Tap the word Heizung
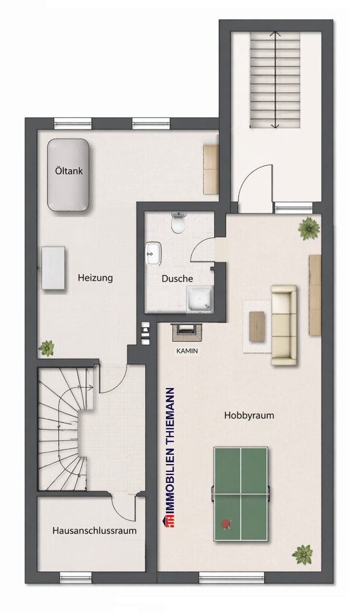(95, 278)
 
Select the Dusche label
(177, 278)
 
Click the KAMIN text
(186, 351)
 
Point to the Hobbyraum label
(249, 415)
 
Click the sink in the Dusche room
(152, 253)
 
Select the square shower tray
(201, 300)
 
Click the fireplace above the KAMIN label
(186, 332)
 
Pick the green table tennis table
(241, 493)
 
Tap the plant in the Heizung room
(47, 349)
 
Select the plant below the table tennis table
(302, 555)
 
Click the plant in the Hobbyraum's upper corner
(308, 229)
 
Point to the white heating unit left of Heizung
(53, 268)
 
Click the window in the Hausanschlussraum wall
(76, 577)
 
